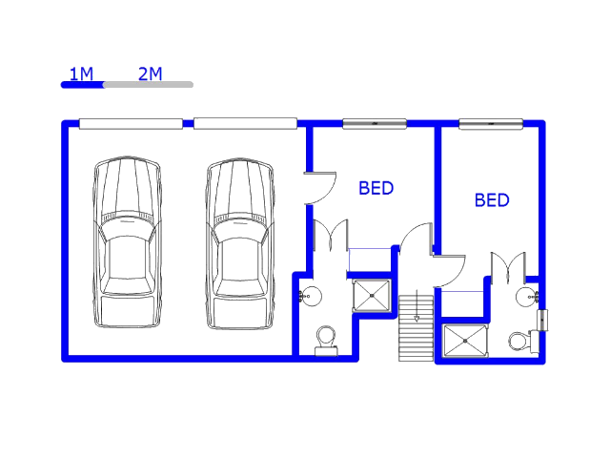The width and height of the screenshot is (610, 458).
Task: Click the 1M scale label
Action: [81, 74]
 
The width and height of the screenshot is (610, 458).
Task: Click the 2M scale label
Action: [151, 73]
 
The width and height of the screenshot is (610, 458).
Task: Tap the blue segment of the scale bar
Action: [83, 85]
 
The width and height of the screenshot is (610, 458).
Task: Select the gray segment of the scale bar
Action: [149, 85]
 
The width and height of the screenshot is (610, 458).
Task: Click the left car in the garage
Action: [127, 241]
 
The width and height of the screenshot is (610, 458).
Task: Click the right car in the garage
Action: [239, 244]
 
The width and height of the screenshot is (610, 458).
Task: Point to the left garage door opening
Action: [132, 124]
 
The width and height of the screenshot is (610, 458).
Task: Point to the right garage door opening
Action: [246, 123]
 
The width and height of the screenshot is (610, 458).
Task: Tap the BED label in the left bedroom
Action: [376, 188]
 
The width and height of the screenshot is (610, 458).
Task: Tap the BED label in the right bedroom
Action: [492, 200]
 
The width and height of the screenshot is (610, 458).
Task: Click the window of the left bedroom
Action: [375, 124]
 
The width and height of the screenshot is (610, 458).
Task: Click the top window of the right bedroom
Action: [491, 124]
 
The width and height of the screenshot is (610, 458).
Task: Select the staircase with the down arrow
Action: [417, 328]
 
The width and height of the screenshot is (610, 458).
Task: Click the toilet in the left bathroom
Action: [326, 341]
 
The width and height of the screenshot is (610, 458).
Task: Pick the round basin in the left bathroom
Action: [311, 296]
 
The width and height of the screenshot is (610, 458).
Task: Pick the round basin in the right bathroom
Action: [527, 297]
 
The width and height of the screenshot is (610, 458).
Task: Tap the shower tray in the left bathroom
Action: [372, 296]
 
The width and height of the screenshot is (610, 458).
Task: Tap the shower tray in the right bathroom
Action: [465, 341]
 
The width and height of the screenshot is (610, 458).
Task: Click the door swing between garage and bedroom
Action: [320, 188]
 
